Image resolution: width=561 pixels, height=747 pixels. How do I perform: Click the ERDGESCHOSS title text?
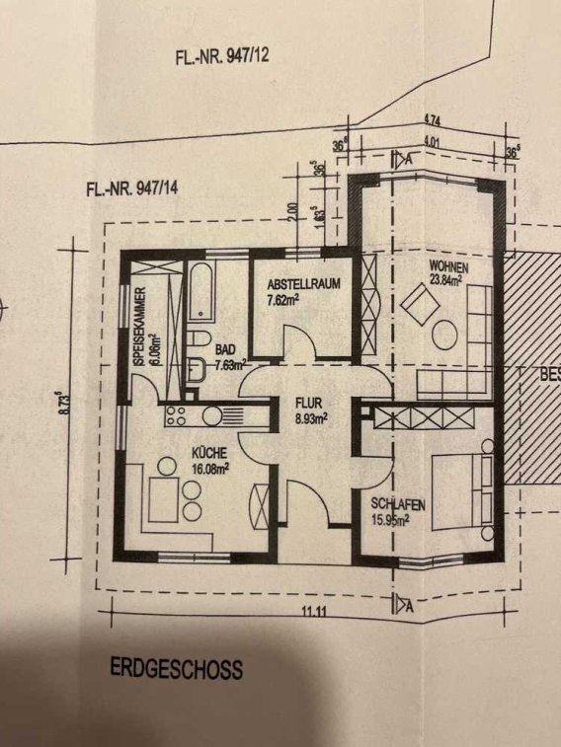(x=176, y=668)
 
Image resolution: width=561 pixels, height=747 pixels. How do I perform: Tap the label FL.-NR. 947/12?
(x=222, y=56)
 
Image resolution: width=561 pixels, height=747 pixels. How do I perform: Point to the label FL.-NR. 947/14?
(x=132, y=188)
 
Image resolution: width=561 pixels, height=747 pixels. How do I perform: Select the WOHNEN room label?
(x=448, y=264)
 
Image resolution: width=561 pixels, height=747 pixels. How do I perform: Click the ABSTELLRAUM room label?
(x=303, y=284)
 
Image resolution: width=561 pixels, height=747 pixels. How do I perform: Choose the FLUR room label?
(x=309, y=403)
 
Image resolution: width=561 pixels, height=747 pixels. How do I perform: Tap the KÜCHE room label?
(x=209, y=452)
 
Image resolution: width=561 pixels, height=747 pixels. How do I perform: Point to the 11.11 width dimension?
(x=314, y=611)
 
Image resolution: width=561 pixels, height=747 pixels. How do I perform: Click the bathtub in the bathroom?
(x=201, y=291)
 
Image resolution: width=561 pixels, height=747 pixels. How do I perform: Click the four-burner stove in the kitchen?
(x=176, y=415)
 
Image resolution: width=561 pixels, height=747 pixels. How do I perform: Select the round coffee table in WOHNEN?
(x=444, y=335)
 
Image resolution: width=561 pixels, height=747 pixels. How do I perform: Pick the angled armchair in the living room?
(x=420, y=304)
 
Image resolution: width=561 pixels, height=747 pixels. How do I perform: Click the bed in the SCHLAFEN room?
(x=462, y=491)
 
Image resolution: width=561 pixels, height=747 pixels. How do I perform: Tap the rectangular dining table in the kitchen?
(x=164, y=499)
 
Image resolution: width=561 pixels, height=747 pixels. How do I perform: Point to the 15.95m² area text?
(x=390, y=519)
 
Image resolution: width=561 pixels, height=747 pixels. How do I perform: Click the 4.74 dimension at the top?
(x=432, y=121)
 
